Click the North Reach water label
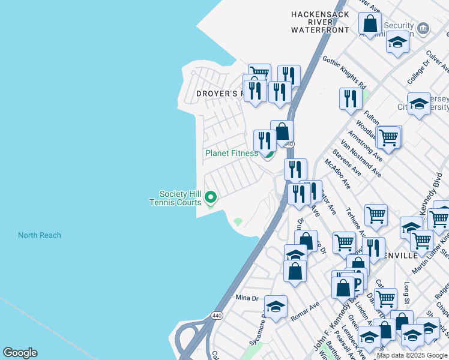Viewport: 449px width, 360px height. coord(39,235)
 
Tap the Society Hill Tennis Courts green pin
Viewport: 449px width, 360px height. coord(211,196)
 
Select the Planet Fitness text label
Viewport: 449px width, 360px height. coord(231,153)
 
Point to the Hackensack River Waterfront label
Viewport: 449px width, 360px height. coord(320,22)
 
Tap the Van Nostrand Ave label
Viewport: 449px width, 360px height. coord(360,158)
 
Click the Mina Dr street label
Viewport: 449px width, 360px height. coord(246,298)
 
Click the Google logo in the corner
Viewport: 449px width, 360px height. coord(20,353)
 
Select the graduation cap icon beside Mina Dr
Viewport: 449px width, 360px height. coord(276,307)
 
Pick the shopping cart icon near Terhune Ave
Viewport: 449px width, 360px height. coord(376,214)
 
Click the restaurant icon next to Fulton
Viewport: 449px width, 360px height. coord(351,98)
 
